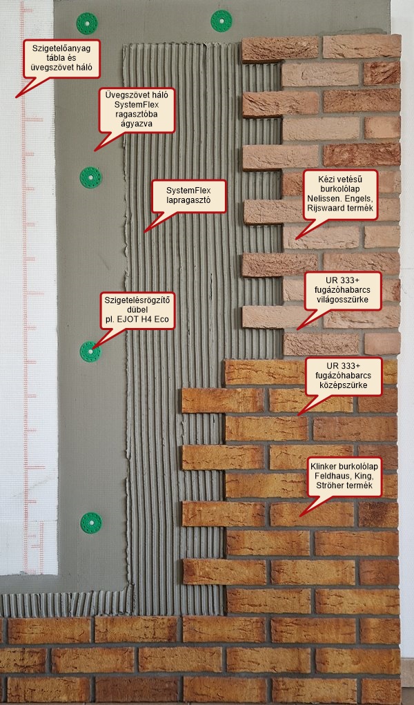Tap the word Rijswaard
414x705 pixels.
point(328,211)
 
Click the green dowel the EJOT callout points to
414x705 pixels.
point(90,352)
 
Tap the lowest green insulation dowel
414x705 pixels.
point(90,522)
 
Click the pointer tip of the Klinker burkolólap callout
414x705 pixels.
point(298,516)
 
